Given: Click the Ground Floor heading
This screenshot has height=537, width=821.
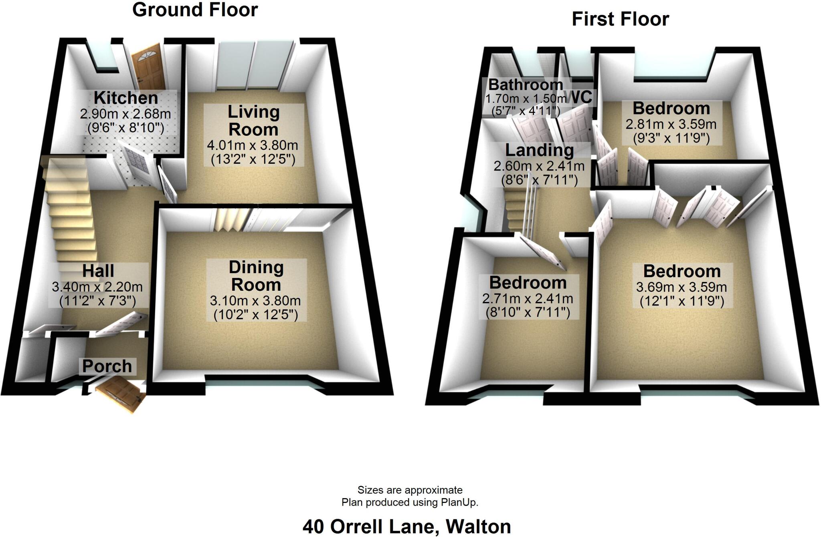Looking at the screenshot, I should point(195,10).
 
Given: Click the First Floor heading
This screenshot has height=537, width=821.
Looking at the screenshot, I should point(620,19).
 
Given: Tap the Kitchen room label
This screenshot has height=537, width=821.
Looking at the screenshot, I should point(125,98).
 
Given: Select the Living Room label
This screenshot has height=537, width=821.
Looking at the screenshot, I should point(253,121).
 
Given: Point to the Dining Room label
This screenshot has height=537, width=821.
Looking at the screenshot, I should point(256,276).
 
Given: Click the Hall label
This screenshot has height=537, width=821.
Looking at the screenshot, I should point(98,271).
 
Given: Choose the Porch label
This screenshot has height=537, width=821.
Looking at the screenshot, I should point(107,366).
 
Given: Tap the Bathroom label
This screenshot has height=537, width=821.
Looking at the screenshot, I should point(526,85).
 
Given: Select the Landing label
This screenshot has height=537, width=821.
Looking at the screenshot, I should point(539,150).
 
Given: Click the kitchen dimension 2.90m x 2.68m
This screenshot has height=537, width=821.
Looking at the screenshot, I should point(125,114).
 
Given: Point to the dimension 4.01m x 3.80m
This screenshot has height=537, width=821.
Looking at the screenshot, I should point(253,145).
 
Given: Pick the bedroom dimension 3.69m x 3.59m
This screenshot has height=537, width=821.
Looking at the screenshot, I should point(681,287).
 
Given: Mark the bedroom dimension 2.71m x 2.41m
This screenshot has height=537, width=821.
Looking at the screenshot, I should point(528,299).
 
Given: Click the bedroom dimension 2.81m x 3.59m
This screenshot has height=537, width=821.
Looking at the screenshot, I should point(671,124).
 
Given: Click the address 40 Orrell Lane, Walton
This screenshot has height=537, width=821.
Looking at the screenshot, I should point(406,527).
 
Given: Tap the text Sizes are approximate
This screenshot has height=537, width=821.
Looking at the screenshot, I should point(410,490).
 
